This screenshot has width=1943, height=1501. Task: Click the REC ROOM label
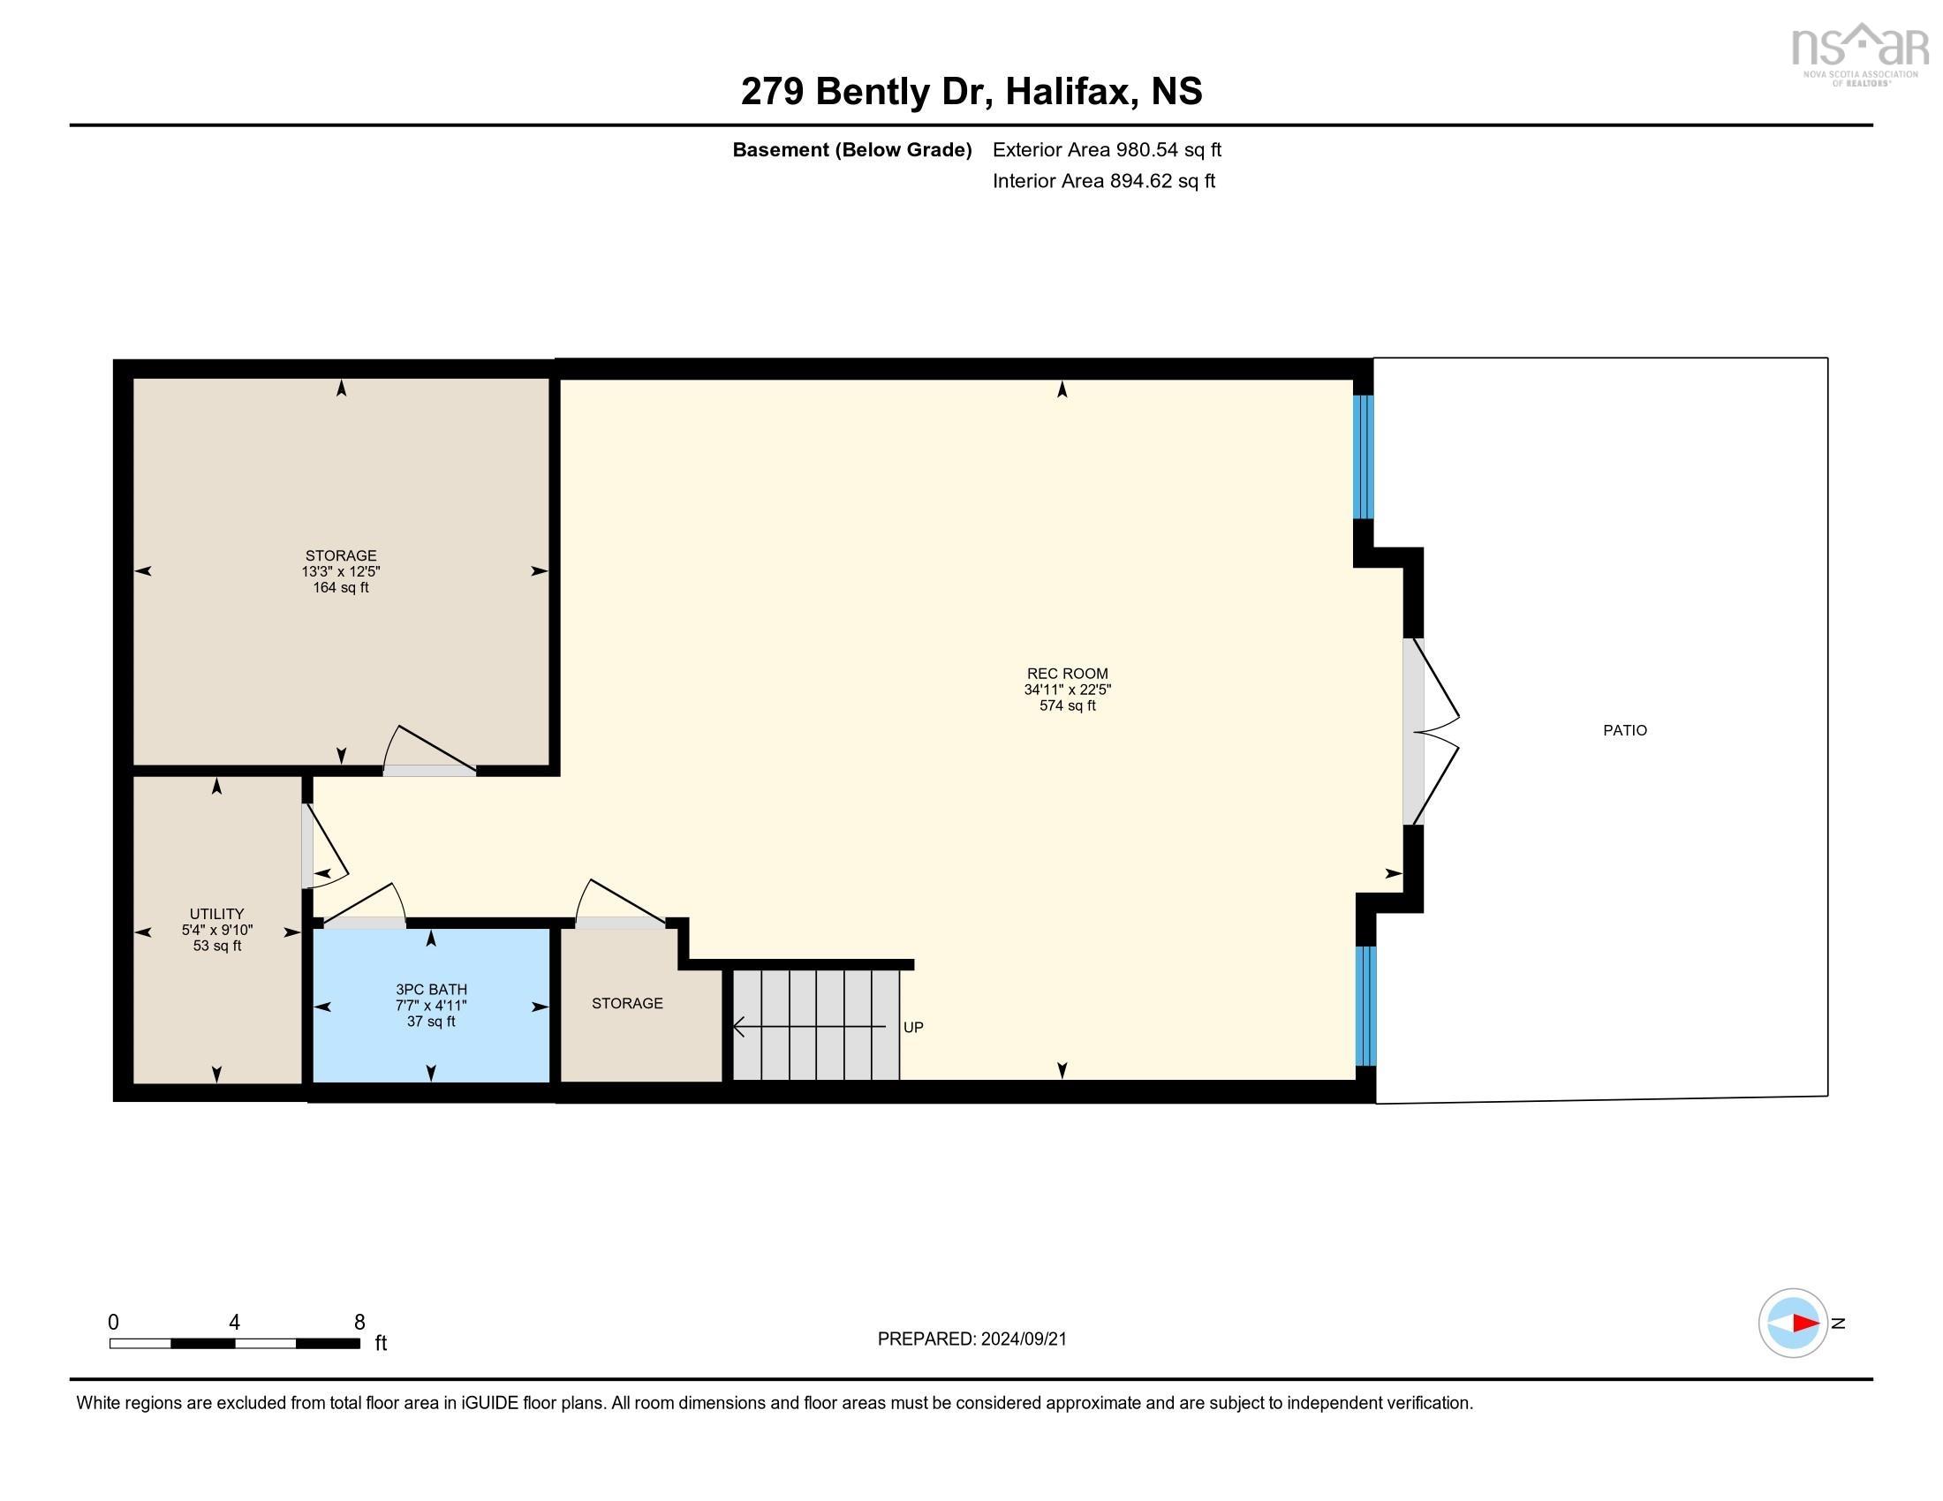coord(1067,673)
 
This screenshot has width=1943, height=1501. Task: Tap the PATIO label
coord(1624,730)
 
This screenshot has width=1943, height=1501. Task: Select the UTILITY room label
coord(216,913)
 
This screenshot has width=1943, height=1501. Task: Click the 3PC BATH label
coord(431,989)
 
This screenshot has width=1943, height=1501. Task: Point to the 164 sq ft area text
coord(340,588)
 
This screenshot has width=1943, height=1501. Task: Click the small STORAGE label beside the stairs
coord(627,1003)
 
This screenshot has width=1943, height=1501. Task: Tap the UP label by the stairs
coord(913,1027)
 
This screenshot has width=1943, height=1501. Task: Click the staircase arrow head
coord(738,1027)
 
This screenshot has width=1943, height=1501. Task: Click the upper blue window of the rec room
coord(1363,457)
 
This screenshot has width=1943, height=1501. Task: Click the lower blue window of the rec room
coord(1365,1005)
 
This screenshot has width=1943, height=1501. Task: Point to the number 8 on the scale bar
coord(359,1322)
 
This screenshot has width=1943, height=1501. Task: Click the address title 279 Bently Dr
coord(971,92)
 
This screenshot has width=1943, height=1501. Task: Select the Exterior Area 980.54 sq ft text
coord(1106,149)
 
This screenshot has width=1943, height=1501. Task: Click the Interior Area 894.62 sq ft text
coord(1103,180)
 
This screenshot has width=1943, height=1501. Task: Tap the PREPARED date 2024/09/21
coord(971,1339)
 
